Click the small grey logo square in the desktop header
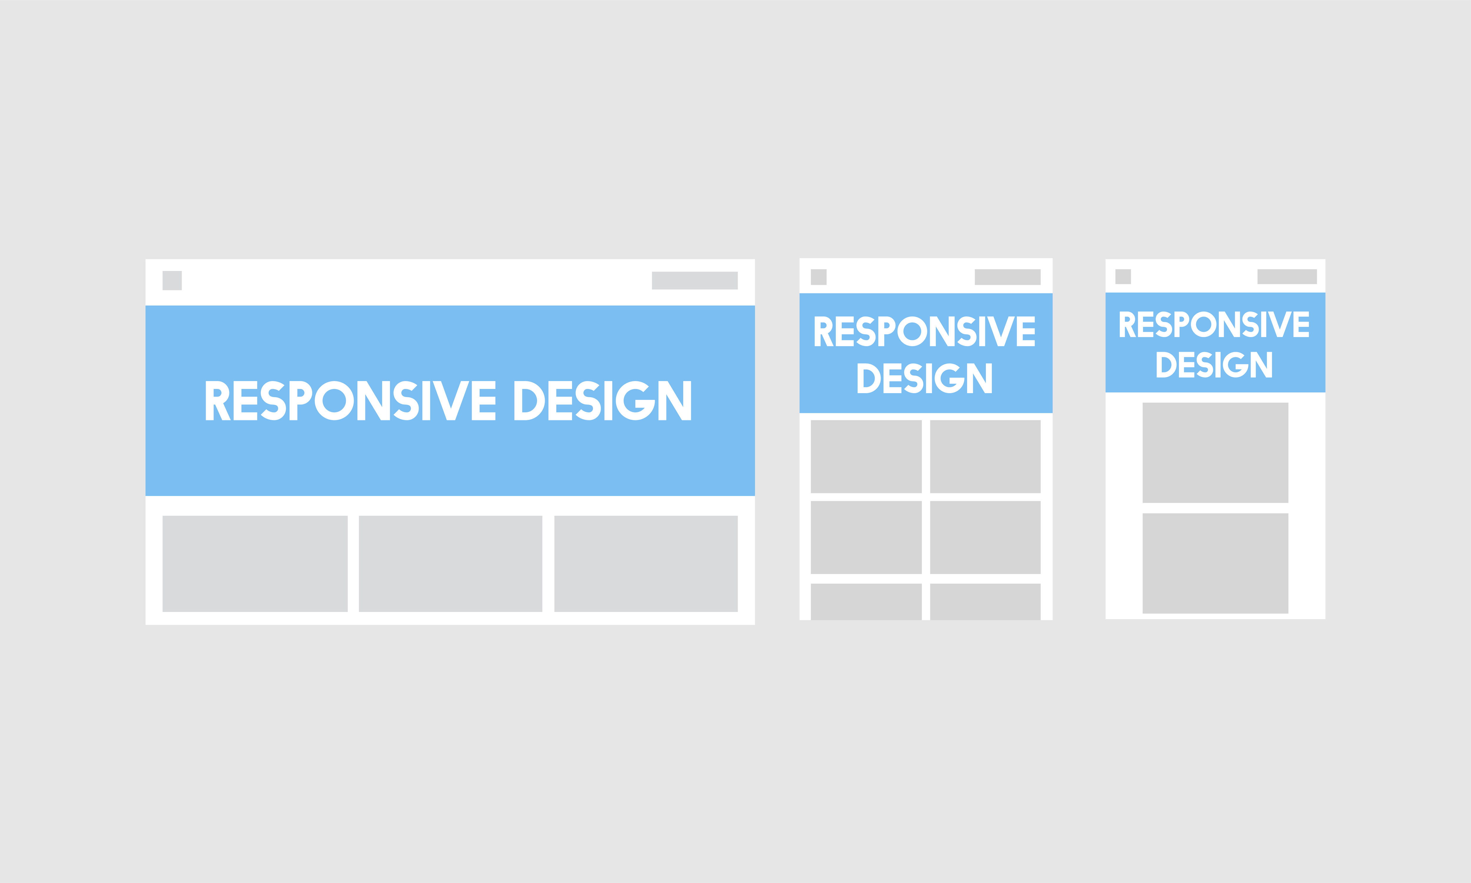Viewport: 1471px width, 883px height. click(x=172, y=280)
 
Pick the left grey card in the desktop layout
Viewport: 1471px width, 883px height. click(x=254, y=563)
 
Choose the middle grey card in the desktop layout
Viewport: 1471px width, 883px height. click(x=450, y=563)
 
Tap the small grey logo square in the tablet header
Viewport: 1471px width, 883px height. click(x=818, y=277)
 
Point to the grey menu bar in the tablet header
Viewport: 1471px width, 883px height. click(x=1007, y=277)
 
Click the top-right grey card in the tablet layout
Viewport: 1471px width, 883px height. click(x=985, y=456)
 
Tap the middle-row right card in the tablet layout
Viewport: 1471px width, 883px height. click(x=985, y=537)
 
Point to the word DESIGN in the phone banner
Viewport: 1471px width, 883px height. click(x=1214, y=364)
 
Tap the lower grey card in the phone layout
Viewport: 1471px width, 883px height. click(x=1215, y=563)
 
